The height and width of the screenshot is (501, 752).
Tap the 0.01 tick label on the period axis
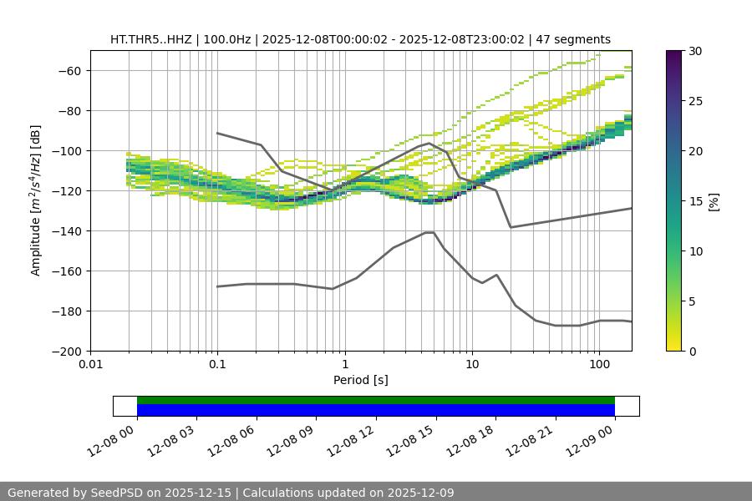click(90, 364)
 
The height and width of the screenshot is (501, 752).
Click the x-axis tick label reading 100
click(599, 364)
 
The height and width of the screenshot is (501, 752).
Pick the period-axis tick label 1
click(344, 364)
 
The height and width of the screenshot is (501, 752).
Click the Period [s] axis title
click(361, 380)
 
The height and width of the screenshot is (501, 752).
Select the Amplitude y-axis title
click(36, 200)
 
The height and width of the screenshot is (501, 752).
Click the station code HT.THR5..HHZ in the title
click(150, 39)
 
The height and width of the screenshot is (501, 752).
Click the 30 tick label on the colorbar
click(695, 51)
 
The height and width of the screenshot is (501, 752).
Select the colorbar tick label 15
click(695, 201)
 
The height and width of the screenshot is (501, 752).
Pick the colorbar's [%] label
click(714, 201)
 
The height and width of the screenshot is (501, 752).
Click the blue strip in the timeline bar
click(376, 410)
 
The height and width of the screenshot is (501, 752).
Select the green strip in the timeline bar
click(376, 400)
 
